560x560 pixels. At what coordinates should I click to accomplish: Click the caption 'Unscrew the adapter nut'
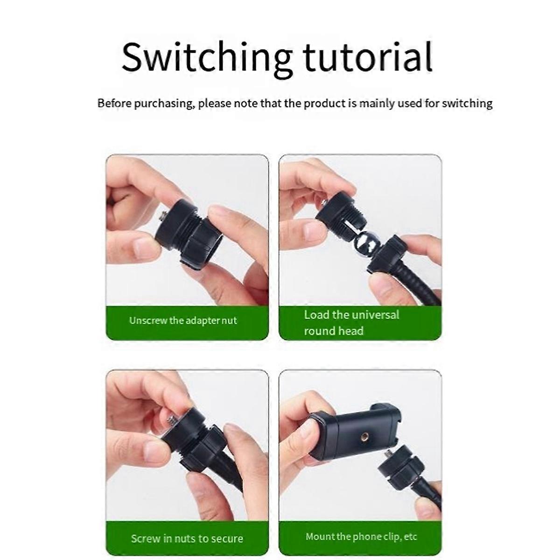[183, 321]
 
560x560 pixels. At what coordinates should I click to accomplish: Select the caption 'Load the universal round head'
[352, 323]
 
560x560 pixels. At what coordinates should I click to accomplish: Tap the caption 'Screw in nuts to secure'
[187, 531]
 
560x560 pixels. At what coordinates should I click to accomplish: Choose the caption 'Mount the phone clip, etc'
[361, 528]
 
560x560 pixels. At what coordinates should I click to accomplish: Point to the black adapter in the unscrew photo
[189, 232]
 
